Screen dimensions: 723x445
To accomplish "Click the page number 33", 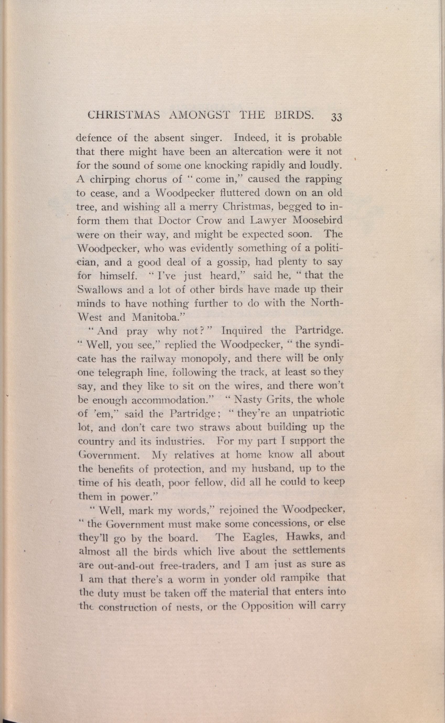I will coord(336,117).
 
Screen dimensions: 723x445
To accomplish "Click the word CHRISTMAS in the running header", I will coord(124,115).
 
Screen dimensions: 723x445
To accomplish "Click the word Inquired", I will coord(242,331).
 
